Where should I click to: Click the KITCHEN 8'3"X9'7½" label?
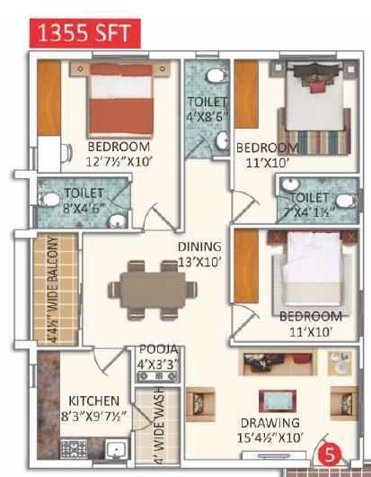click(93, 407)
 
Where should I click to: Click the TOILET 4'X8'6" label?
click(207, 108)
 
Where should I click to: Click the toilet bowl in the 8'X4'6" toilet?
click(51, 200)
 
